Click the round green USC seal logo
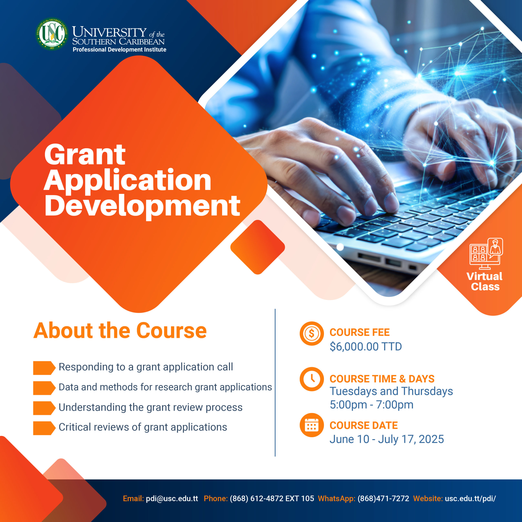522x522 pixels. click(52, 34)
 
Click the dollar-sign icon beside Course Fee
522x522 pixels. click(312, 333)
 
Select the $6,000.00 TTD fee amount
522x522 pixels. click(366, 346)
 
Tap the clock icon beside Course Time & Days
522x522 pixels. click(312, 379)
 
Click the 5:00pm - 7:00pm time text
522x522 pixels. click(372, 405)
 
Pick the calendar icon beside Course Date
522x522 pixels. click(312, 425)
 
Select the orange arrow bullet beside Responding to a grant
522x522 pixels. click(44, 368)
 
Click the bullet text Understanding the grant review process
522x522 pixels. click(150, 407)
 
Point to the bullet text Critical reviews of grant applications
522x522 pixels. click(143, 427)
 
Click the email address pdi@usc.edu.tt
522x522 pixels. click(172, 499)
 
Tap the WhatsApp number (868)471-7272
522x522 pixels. click(383, 499)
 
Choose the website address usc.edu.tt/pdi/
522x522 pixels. click(470, 499)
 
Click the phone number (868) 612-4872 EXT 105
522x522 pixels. click(272, 499)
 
